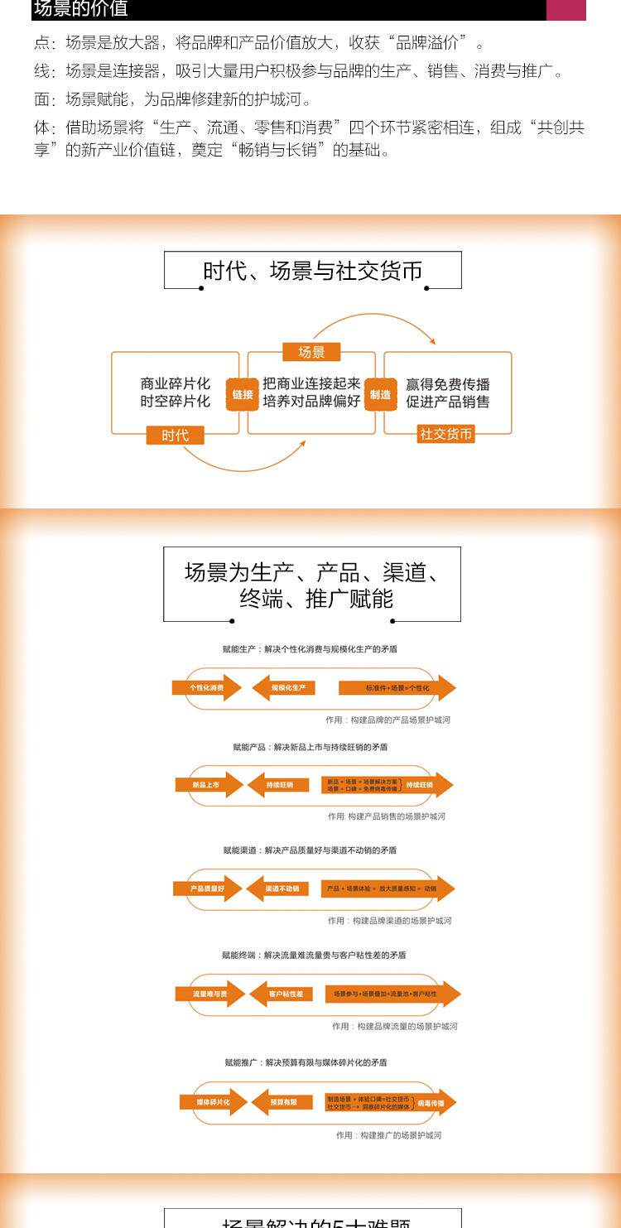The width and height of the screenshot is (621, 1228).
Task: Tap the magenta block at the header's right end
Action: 566,10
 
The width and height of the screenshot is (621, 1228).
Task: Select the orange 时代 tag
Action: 175,435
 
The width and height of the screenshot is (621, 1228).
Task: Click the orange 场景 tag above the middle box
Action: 311,352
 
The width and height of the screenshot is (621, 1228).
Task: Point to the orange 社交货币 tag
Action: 446,434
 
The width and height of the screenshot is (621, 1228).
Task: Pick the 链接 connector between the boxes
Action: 243,395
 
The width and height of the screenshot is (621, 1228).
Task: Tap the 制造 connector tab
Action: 380,395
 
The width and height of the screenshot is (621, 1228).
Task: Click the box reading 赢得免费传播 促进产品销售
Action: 448,393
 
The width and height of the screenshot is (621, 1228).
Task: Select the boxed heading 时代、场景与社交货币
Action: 313,271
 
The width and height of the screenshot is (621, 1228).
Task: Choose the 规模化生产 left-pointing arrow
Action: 284,687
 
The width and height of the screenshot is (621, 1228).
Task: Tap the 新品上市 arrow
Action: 208,784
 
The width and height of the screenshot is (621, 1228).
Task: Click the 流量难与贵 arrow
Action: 209,993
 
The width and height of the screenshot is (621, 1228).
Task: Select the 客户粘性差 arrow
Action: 282,993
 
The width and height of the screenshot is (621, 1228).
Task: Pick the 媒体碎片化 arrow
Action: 213,1102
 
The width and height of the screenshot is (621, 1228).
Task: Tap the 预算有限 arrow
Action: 283,1102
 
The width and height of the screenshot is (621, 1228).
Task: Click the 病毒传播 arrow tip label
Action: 434,1103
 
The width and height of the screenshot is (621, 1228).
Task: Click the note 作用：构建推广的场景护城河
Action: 388,1135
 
